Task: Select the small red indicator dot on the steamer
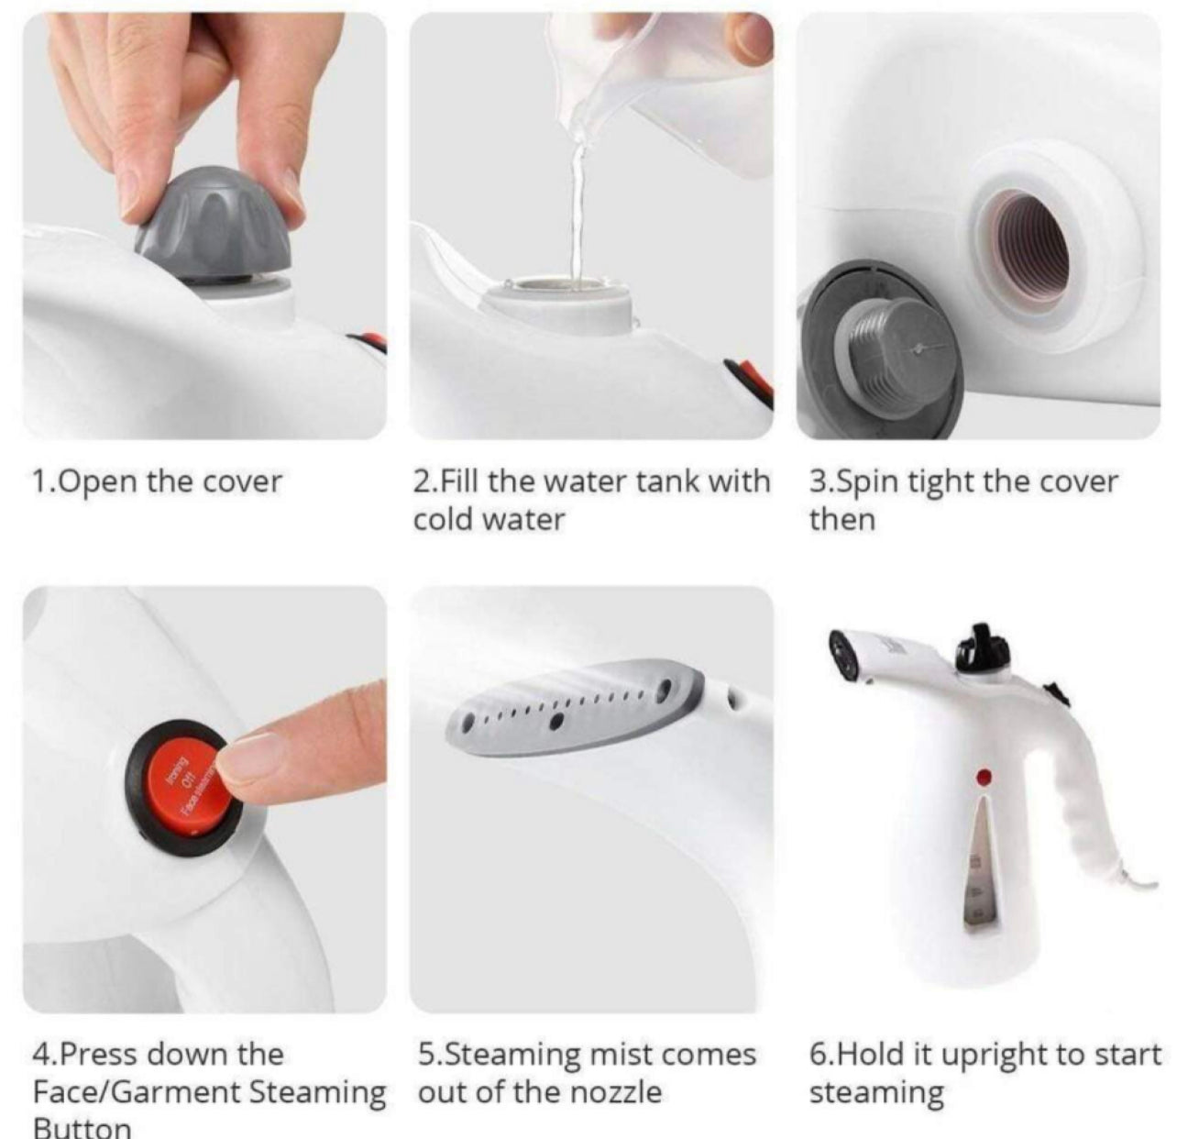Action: tap(984, 777)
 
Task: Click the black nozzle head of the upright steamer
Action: tap(844, 655)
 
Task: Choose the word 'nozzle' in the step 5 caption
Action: tap(614, 1092)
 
